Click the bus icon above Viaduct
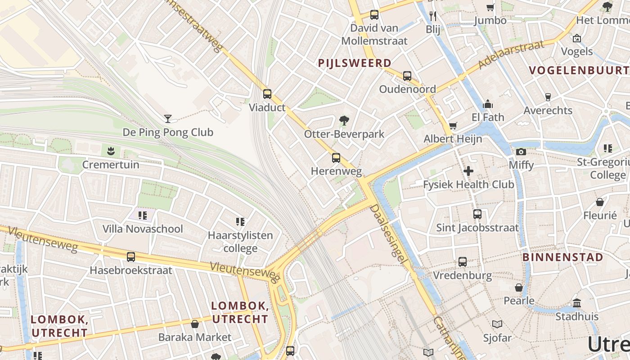267,94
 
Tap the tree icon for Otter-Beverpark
344,121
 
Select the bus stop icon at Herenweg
336,157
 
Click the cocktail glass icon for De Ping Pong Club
168,118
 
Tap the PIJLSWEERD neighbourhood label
355,63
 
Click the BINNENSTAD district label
562,257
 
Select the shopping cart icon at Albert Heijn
453,126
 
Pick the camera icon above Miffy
521,152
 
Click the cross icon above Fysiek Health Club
468,171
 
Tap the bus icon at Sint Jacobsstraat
477,214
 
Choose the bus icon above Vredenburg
463,262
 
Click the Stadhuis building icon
577,303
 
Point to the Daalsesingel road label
389,234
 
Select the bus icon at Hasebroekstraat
131,257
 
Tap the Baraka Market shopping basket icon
195,324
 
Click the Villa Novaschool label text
143,229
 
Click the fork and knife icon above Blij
433,16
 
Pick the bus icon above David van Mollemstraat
374,14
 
